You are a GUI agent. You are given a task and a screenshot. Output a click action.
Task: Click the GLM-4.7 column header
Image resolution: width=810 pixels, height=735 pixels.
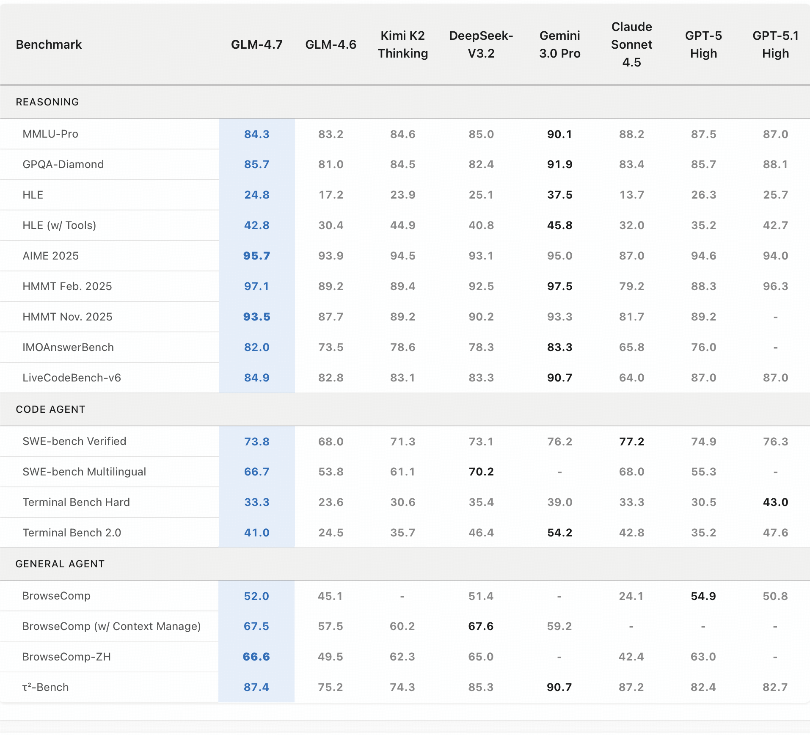point(256,44)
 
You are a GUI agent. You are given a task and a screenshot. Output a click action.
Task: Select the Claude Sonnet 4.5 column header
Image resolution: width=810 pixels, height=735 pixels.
point(631,44)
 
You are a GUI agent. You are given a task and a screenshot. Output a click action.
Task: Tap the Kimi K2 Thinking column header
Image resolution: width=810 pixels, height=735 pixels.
point(402,44)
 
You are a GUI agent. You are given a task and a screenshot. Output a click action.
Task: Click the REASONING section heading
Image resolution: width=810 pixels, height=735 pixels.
point(47,102)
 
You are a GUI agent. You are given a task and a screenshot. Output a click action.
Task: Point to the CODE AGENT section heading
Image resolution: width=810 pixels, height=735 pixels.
point(50,409)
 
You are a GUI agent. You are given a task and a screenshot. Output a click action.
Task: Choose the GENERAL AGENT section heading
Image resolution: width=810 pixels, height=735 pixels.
point(60,564)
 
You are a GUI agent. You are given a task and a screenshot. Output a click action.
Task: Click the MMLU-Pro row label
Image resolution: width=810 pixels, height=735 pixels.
point(50,134)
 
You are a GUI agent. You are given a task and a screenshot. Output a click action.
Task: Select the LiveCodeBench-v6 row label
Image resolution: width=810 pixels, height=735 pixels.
point(72,378)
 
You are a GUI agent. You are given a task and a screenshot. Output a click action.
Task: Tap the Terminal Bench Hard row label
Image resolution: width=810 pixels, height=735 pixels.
point(76,502)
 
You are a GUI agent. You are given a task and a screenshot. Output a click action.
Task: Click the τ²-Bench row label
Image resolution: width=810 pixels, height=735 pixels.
point(45,687)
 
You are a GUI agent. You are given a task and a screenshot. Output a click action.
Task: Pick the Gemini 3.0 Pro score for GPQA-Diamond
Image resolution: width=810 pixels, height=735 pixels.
point(559,164)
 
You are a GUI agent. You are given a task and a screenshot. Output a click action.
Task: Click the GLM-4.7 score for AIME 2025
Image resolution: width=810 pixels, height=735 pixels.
point(256,256)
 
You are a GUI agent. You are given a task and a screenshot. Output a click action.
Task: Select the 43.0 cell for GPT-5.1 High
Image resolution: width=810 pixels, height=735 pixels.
point(775,502)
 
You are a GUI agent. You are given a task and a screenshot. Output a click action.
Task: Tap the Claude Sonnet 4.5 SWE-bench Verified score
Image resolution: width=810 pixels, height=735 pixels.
point(631,442)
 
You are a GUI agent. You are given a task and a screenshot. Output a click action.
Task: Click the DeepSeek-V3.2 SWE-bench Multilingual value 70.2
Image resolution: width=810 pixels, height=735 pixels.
point(481,472)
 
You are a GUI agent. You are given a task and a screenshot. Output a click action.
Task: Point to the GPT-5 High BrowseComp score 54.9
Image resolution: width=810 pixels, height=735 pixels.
point(703,596)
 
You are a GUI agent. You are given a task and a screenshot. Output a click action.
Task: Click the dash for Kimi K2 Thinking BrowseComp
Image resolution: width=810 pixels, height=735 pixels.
point(402,596)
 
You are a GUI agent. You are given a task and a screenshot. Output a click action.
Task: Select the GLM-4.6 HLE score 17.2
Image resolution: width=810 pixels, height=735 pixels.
point(331,195)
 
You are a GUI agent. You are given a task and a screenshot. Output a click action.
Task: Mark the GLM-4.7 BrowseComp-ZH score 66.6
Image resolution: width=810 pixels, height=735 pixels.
point(256,657)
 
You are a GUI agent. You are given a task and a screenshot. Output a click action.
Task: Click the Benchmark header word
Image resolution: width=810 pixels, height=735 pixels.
point(49,44)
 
